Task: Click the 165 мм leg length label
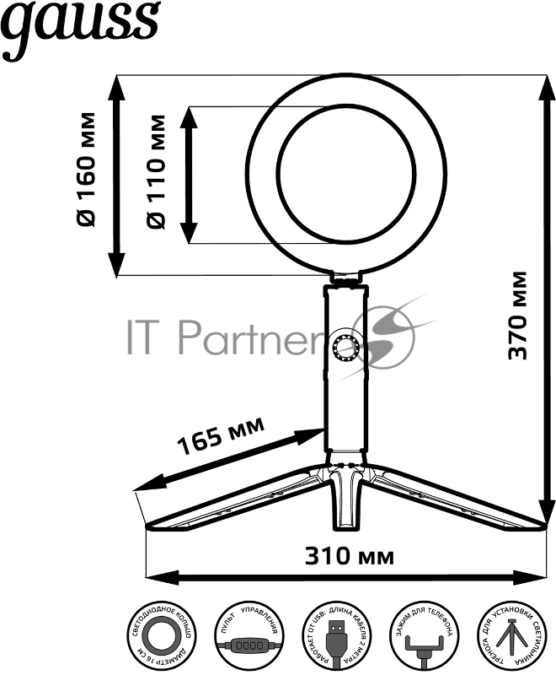click(x=222, y=435)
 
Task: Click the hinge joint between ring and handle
click(x=346, y=278)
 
